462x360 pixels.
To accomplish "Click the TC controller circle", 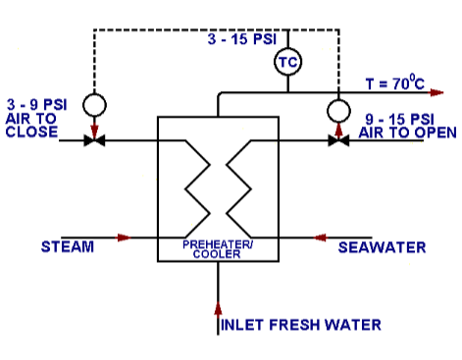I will (287, 61).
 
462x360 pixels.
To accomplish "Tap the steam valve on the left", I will (95, 141).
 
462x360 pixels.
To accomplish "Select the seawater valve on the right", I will (339, 141).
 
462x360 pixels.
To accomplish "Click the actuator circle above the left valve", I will (95, 104).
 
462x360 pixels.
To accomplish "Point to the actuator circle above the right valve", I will (339, 107).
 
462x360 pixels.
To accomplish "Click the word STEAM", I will (68, 246).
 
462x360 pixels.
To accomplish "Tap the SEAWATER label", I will (382, 247).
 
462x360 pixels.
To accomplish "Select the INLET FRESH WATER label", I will (300, 325).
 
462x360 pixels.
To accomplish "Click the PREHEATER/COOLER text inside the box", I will (218, 248).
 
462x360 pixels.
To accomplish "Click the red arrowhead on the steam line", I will (124, 236).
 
